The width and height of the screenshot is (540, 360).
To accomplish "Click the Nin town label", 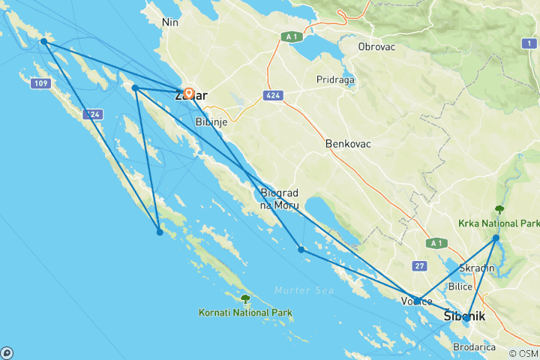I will tap(170, 22).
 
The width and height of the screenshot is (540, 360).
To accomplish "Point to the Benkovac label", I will tap(349, 143).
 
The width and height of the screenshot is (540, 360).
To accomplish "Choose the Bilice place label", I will tap(459, 286).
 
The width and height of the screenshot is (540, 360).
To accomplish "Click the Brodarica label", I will tap(473, 347).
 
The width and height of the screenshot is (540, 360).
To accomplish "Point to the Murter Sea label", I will tap(298, 290).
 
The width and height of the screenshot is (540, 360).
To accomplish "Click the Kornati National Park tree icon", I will tap(245, 299).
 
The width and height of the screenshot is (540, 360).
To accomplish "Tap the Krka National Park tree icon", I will tap(499, 210).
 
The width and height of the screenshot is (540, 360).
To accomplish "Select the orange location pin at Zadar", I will tap(189, 94).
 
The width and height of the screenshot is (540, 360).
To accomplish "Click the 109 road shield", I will tap(40, 82).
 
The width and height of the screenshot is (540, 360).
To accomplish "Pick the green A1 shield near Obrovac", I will tap(292, 35).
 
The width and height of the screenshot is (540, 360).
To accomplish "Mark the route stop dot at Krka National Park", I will tap(496, 238).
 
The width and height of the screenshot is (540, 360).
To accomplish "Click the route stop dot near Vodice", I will tap(417, 301).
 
